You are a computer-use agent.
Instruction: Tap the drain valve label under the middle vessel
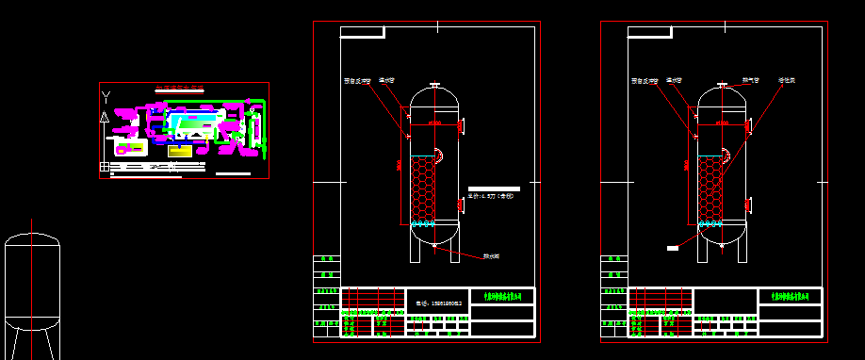click(491, 255)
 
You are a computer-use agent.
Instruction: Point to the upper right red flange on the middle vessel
click(462, 123)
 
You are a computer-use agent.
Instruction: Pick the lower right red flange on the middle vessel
click(462, 202)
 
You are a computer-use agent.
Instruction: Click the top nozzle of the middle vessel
click(434, 87)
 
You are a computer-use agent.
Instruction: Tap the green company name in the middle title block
click(501, 296)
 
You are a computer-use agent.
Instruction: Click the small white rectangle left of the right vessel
click(672, 248)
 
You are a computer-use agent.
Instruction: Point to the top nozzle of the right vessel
click(722, 87)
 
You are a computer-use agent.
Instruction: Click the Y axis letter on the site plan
click(106, 96)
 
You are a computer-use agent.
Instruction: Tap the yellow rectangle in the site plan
click(180, 150)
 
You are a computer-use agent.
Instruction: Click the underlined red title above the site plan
click(179, 89)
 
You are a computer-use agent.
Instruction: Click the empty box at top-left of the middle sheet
click(362, 32)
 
